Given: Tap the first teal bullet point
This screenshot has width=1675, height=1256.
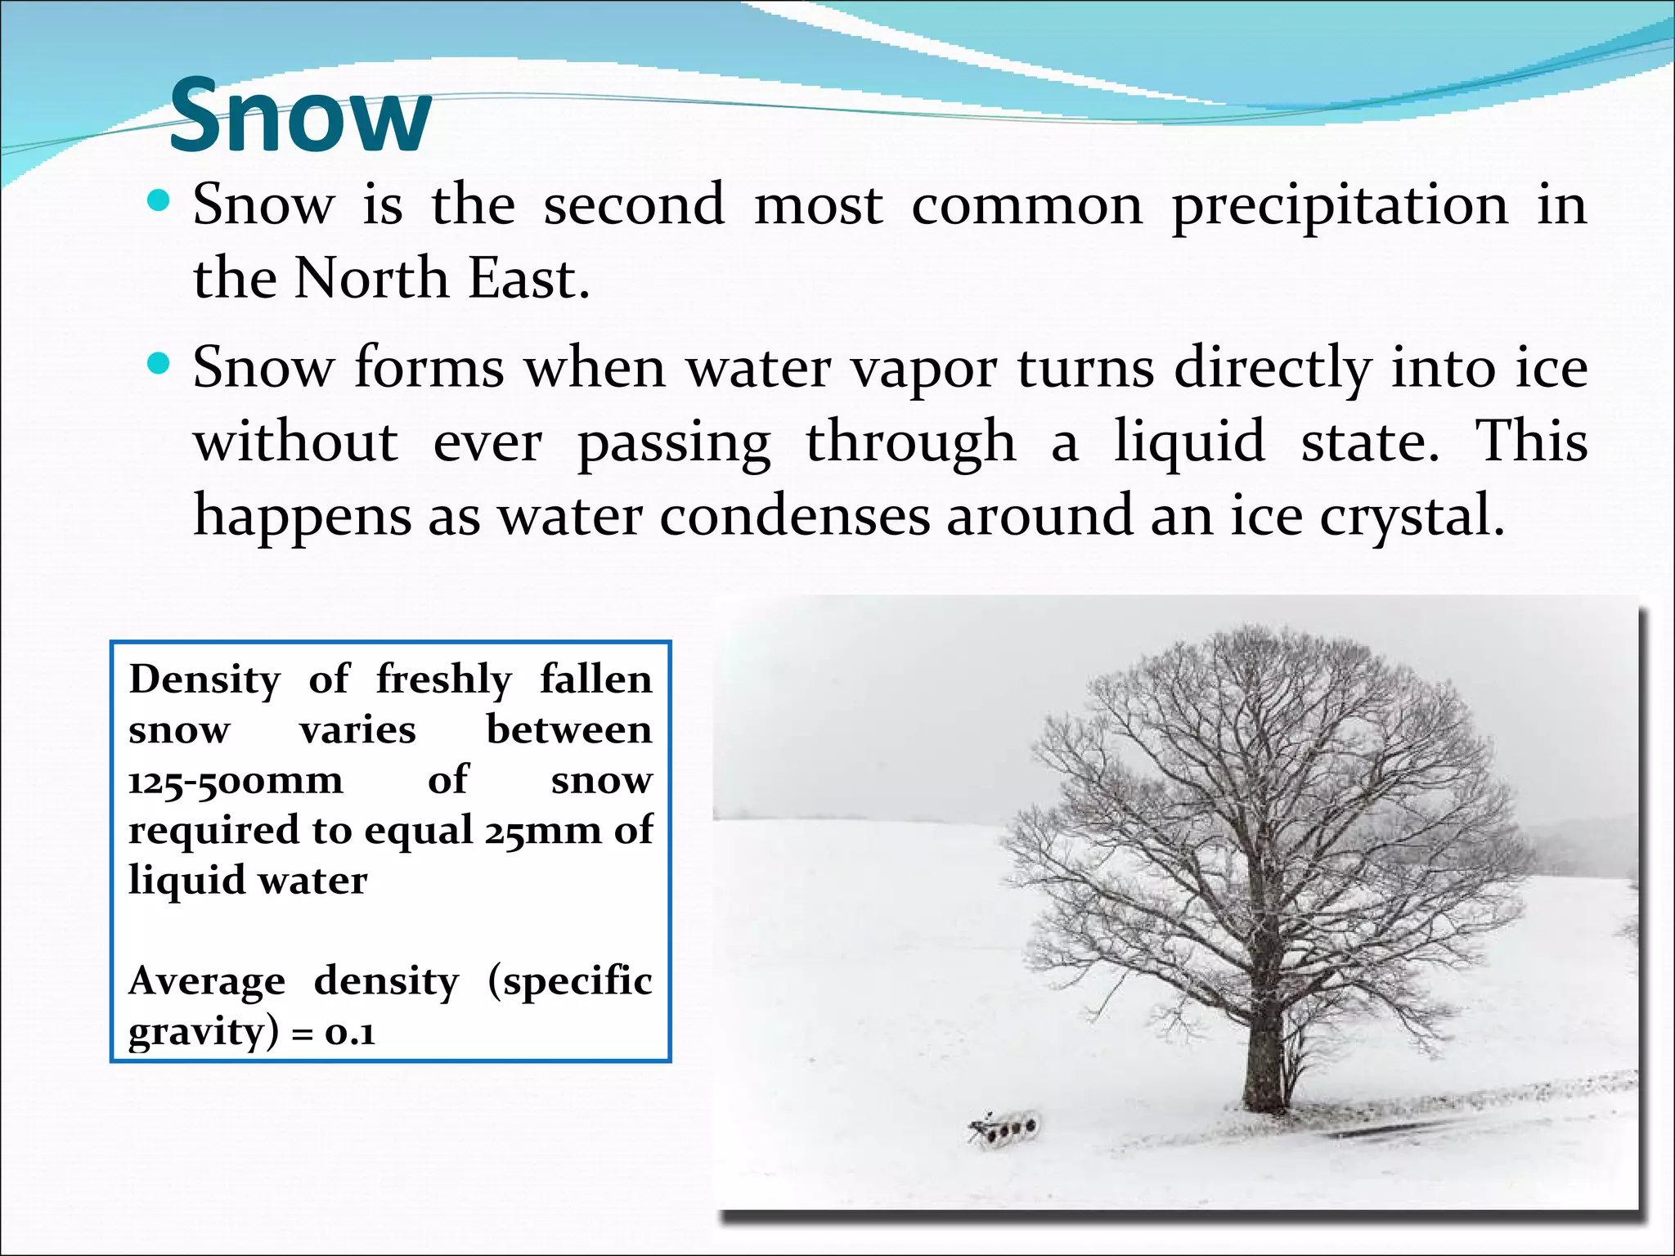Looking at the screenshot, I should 159,201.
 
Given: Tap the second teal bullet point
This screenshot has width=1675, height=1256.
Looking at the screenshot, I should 159,364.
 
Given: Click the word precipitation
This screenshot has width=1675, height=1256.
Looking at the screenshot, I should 1340,206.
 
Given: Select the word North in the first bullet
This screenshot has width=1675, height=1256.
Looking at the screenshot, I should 371,278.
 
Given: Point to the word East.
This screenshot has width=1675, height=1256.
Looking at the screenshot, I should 528,278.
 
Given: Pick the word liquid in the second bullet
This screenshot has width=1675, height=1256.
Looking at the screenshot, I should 1189,442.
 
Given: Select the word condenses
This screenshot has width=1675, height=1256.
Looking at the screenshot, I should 795,517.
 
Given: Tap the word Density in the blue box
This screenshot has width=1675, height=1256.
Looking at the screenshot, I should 204,680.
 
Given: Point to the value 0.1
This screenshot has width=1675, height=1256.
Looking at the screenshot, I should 350,1034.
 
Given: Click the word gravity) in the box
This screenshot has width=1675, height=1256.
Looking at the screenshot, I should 204,1032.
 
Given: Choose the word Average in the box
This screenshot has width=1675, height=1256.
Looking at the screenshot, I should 207,981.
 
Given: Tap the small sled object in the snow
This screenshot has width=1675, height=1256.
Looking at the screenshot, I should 1004,1130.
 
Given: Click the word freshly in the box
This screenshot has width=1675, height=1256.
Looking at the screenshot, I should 443,680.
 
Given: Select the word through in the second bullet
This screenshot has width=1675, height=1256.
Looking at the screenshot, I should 910,443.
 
